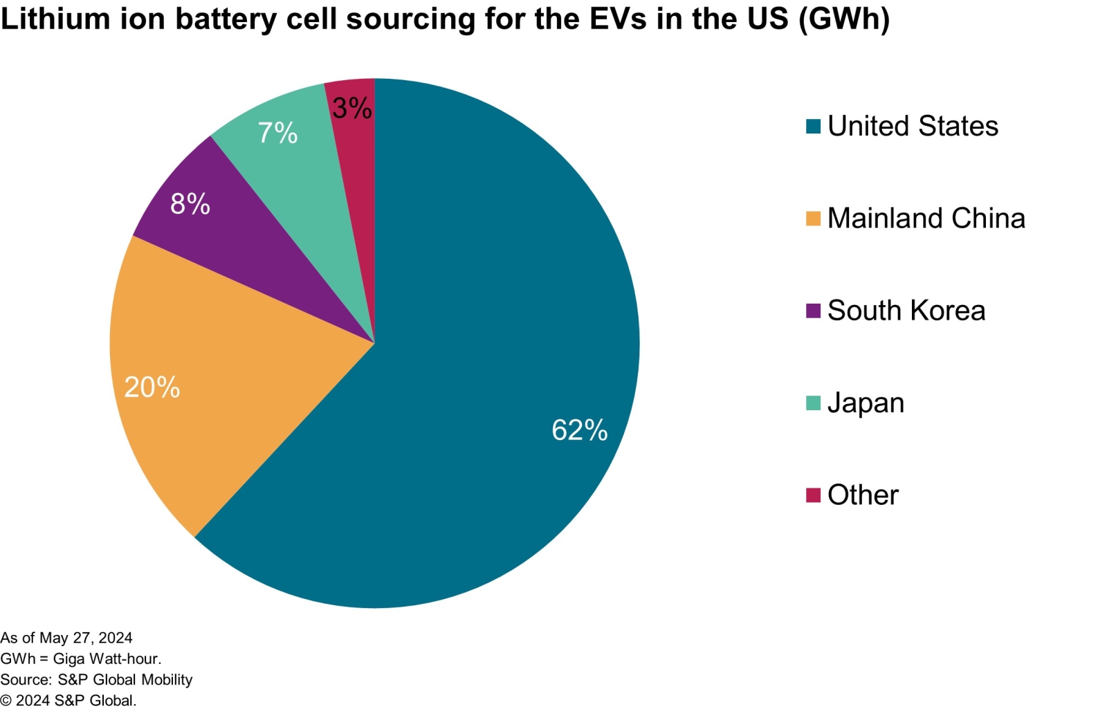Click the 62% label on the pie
pyautogui.click(x=579, y=430)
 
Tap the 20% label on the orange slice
pyautogui.click(x=152, y=387)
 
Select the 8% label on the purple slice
pyautogui.click(x=190, y=204)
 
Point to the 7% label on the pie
pyautogui.click(x=277, y=133)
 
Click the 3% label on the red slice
pyautogui.click(x=351, y=108)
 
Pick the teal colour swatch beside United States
pyautogui.click(x=813, y=127)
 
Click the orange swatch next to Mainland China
pyautogui.click(x=813, y=219)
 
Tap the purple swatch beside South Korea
pyautogui.click(x=813, y=311)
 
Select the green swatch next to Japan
pyautogui.click(x=813, y=403)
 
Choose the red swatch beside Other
pyautogui.click(x=813, y=495)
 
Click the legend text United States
pyautogui.click(x=913, y=127)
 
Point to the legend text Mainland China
pyautogui.click(x=926, y=219)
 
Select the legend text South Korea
pyautogui.click(x=906, y=311)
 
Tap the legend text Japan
pyautogui.click(x=866, y=403)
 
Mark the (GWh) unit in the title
pyautogui.click(x=843, y=19)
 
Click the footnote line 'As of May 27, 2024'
pyautogui.click(x=66, y=638)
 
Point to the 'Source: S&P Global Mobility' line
pyautogui.click(x=96, y=679)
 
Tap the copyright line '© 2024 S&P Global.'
pyautogui.click(x=68, y=700)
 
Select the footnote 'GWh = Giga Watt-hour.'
pyautogui.click(x=81, y=659)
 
